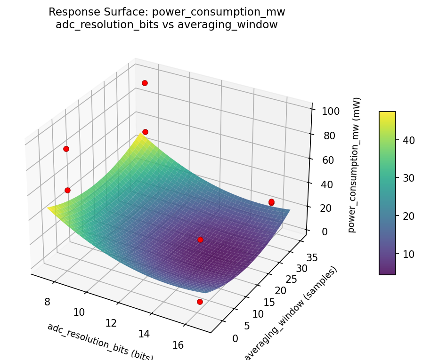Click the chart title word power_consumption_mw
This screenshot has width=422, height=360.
[x=219, y=12]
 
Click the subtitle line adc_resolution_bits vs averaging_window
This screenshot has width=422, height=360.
[x=166, y=25]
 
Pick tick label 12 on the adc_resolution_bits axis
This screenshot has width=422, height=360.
[x=112, y=323]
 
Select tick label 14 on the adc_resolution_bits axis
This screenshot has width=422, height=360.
[x=144, y=334]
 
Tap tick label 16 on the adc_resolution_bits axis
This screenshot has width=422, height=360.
[x=178, y=345]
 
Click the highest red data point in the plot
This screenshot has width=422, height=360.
[x=145, y=83]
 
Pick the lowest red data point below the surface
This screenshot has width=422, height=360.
[x=200, y=302]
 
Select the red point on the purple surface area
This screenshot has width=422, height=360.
[x=200, y=240]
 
